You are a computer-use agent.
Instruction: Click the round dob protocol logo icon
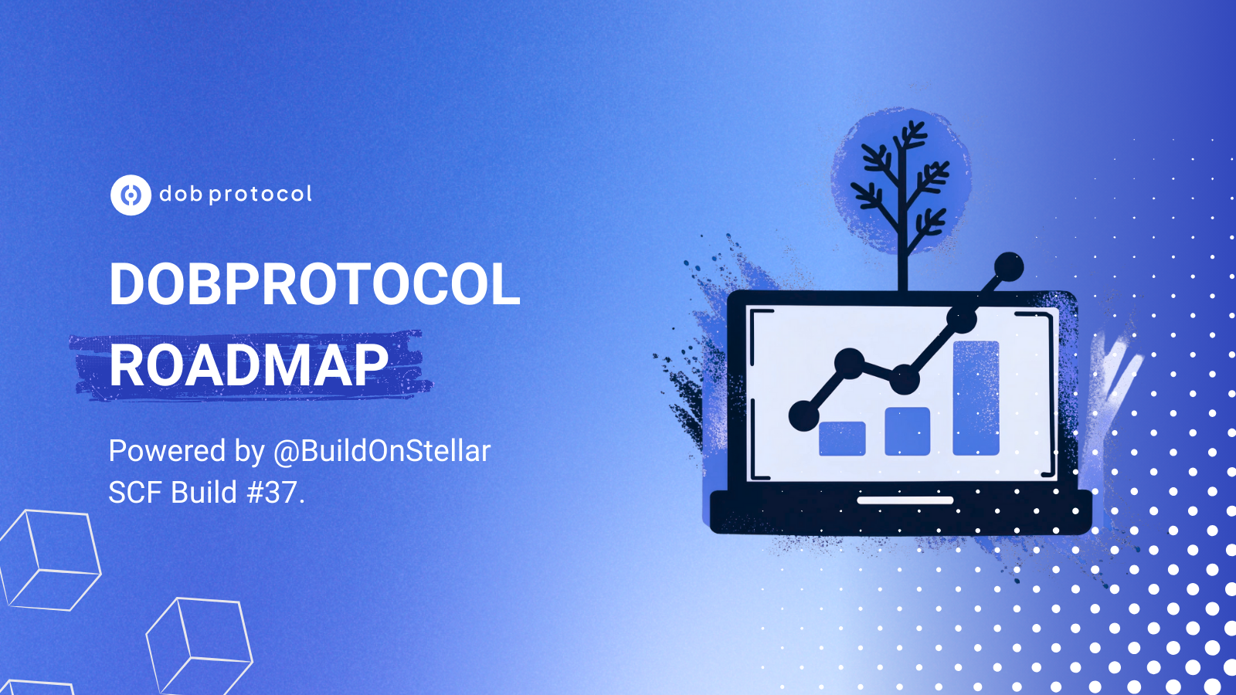[131, 195]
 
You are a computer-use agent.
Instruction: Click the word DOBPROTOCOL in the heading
[314, 284]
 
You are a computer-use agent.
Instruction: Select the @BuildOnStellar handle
[382, 451]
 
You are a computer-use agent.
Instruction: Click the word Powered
[167, 451]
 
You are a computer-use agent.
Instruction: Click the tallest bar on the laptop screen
[976, 398]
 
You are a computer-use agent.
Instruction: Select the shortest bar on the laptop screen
[842, 439]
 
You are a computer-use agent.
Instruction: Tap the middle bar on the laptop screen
[908, 432]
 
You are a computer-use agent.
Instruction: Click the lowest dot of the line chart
[804, 415]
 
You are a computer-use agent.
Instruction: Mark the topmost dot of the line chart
[1009, 267]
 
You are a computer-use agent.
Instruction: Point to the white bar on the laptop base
[905, 500]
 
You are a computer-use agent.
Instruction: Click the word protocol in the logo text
[260, 195]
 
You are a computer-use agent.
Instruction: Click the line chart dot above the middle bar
[905, 379]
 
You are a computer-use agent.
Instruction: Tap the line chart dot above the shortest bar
[849, 364]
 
